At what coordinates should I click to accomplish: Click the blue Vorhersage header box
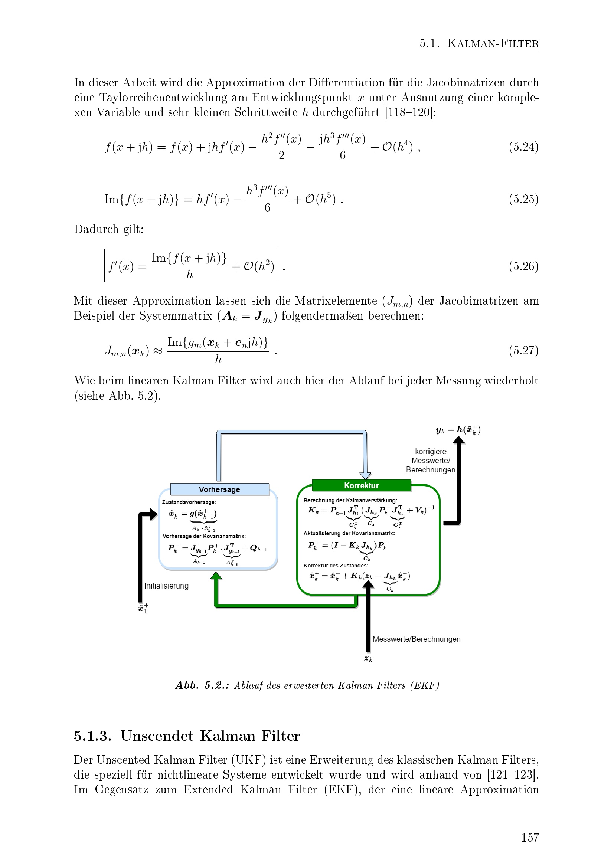tap(220, 489)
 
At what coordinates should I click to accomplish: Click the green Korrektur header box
tap(362, 485)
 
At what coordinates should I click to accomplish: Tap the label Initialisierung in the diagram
tap(166, 586)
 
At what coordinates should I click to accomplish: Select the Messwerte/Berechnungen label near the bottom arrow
tap(416, 639)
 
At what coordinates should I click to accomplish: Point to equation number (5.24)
tap(523, 147)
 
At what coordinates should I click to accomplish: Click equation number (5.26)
tap(523, 266)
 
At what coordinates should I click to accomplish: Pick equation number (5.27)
tap(523, 350)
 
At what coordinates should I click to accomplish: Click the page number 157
tap(530, 838)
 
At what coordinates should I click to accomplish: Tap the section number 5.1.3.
tap(93, 736)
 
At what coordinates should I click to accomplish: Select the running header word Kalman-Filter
tap(493, 43)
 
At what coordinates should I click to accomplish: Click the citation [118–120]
tap(410, 112)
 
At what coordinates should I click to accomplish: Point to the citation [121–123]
tap(513, 774)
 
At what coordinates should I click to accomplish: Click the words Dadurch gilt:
tap(109, 229)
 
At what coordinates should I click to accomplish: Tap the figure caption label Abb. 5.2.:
tap(202, 685)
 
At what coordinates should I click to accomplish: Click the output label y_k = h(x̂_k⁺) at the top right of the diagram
tap(458, 430)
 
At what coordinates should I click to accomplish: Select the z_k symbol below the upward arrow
tap(368, 659)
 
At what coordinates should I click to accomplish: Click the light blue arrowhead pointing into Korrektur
tap(365, 476)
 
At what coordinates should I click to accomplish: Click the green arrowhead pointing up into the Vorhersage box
tap(216, 576)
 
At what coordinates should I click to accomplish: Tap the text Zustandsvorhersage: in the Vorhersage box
tap(189, 502)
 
